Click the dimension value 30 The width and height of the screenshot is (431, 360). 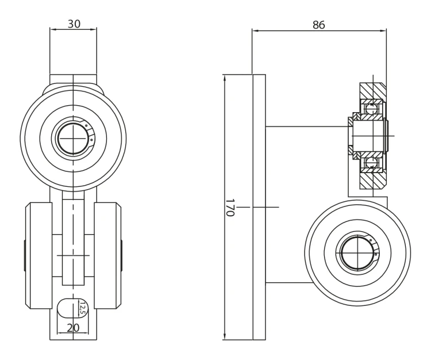click(74, 24)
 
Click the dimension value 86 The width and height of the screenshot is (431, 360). click(319, 25)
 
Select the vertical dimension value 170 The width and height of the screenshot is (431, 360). click(230, 208)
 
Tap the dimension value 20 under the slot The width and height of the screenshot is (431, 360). click(73, 328)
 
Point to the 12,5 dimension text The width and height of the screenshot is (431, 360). click(82, 307)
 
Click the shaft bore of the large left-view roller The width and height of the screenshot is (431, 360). click(73, 139)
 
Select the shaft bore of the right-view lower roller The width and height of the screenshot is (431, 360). click(357, 253)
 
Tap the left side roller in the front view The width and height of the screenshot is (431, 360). click(39, 256)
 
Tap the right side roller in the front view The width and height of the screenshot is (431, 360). click(107, 256)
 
